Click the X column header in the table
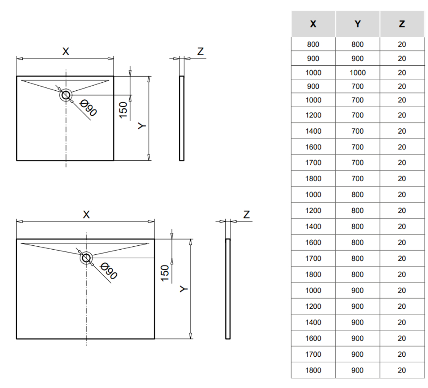[x=313, y=24]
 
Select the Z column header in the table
[x=401, y=24]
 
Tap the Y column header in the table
[x=357, y=24]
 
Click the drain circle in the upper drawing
[x=66, y=95]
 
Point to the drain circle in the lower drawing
[x=86, y=258]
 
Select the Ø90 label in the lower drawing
[x=109, y=271]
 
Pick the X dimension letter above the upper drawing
[x=65, y=51]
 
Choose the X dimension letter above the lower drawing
[x=86, y=215]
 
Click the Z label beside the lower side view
[x=246, y=215]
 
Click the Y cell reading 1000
[x=357, y=72]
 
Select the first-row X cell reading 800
[x=313, y=44]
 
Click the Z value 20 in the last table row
[x=401, y=370]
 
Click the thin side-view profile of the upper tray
[x=181, y=118]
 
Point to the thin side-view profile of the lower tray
[x=228, y=289]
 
